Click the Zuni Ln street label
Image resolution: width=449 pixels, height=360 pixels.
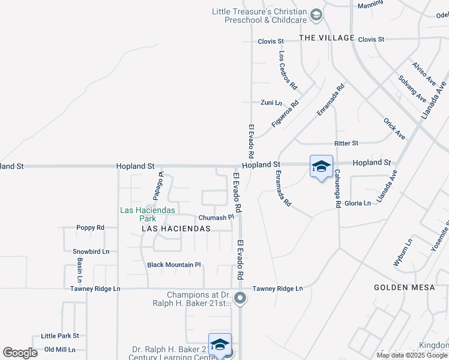point(271,103)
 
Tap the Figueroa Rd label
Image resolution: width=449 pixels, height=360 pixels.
point(285,114)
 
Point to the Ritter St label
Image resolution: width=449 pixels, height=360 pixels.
point(346,143)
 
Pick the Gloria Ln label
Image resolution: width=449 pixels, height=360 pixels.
point(358,203)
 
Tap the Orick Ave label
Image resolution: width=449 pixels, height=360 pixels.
point(394,128)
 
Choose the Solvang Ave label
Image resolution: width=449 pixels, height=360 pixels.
point(412,88)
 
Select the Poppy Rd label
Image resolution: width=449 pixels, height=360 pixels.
point(91,228)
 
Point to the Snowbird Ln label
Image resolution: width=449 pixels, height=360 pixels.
point(91,252)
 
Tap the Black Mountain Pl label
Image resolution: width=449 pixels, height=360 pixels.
point(174,265)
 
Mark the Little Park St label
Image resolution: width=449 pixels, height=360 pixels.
point(60,336)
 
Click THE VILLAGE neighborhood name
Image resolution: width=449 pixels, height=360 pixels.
point(327,38)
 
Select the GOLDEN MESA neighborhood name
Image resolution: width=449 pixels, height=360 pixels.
point(404,287)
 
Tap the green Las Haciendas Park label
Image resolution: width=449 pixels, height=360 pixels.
point(147,214)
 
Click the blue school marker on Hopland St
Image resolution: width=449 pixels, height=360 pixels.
point(321,167)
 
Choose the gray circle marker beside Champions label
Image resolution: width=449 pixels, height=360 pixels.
point(241,298)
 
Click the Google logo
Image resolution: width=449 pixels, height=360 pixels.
point(20,353)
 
